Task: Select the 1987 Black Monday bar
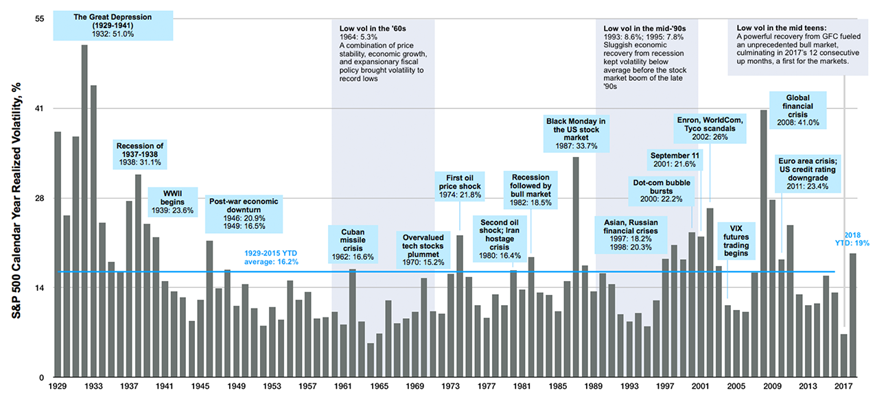[576, 267]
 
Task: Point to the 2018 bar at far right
[853, 315]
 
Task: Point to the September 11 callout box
[675, 159]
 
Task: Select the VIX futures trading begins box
[736, 241]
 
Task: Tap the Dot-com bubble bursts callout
[662, 190]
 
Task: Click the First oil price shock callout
[460, 186]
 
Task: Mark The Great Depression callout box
[113, 24]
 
